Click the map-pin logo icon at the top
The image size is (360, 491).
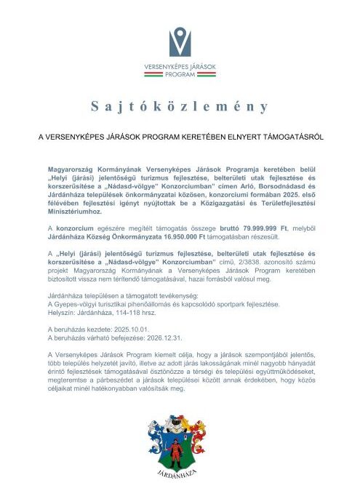[x=180, y=42]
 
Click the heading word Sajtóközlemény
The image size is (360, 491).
[x=180, y=107]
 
